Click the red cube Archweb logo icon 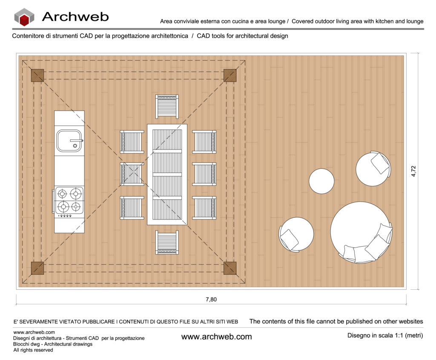24,17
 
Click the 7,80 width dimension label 211,300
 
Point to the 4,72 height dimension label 413,171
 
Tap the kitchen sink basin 69,141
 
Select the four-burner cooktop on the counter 69,200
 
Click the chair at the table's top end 167,107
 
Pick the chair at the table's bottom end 167,242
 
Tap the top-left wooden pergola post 37,75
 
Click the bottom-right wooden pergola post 230,268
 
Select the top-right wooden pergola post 230,75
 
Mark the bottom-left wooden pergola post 37,268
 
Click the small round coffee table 321,181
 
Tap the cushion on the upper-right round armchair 380,163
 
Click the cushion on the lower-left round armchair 290,239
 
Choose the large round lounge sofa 361,233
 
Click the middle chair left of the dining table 132,174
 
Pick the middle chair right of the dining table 204,174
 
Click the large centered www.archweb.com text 216,337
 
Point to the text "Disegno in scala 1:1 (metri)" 385,335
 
